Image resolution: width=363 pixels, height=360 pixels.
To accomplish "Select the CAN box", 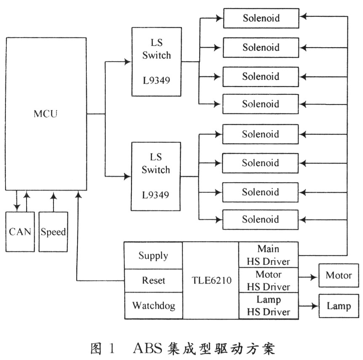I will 20,231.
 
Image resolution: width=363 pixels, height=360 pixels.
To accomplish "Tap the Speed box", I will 53,231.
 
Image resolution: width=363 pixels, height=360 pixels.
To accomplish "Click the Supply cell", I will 153,255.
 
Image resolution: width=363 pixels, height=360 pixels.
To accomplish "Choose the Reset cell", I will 153,280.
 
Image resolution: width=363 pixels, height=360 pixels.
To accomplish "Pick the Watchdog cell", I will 153,305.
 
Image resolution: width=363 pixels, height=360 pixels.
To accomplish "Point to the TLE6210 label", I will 211,280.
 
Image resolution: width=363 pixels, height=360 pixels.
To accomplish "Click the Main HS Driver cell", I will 268,255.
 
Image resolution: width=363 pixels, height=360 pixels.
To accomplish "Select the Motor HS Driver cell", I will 268,280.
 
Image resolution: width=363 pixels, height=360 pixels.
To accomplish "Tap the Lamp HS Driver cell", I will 268,306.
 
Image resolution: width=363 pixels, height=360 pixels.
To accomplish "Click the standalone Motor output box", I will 339,276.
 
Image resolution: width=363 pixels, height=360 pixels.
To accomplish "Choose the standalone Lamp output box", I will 339,306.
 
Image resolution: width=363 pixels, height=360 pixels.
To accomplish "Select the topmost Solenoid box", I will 261,18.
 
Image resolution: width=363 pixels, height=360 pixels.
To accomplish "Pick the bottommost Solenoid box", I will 260,219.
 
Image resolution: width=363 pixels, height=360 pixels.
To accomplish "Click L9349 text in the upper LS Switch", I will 156,80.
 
